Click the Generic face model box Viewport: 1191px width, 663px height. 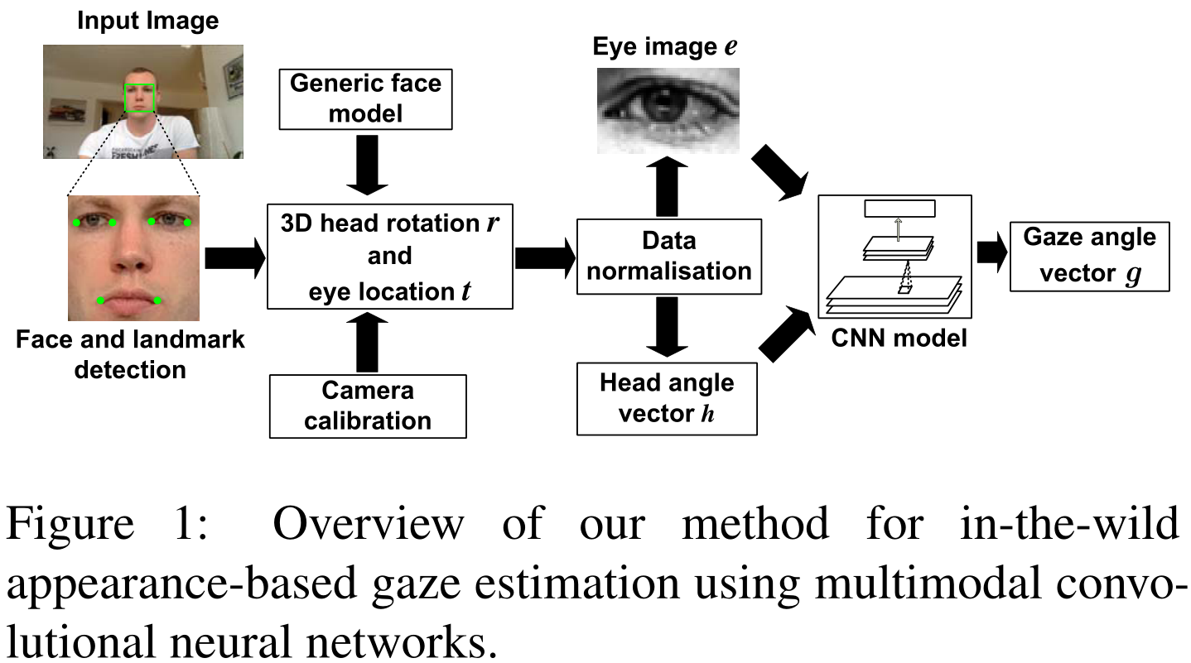pos(365,98)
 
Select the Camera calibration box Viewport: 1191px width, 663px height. pos(368,406)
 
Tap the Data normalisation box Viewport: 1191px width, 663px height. pos(668,256)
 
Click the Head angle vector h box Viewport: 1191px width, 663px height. pos(667,398)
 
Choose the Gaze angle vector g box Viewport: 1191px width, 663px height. pos(1089,256)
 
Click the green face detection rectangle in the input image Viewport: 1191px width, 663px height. pos(140,98)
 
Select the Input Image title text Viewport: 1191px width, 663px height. pos(148,21)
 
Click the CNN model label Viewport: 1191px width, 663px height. pos(899,338)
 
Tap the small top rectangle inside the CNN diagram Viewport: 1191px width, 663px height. pos(899,209)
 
